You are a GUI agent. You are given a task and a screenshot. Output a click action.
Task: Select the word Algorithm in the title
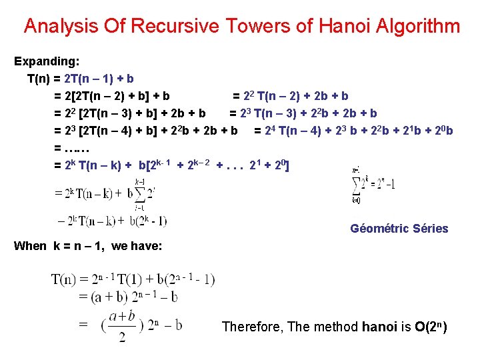pyautogui.click(x=418, y=27)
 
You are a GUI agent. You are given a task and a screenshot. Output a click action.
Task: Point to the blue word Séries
pyautogui.click(x=431, y=229)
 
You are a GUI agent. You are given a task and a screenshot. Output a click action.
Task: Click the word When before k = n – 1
pyautogui.click(x=30, y=246)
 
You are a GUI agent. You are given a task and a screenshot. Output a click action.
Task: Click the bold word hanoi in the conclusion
pyautogui.click(x=378, y=327)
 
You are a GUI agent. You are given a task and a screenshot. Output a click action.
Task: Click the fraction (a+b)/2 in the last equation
pyautogui.click(x=122, y=326)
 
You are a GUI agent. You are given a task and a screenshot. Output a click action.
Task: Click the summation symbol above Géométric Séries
pyautogui.click(x=357, y=185)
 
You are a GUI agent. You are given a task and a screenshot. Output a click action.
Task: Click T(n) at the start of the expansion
pyautogui.click(x=41, y=79)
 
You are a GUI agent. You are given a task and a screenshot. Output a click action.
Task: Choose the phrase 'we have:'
pyautogui.click(x=137, y=246)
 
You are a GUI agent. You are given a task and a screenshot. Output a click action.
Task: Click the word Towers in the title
pyautogui.click(x=253, y=27)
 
